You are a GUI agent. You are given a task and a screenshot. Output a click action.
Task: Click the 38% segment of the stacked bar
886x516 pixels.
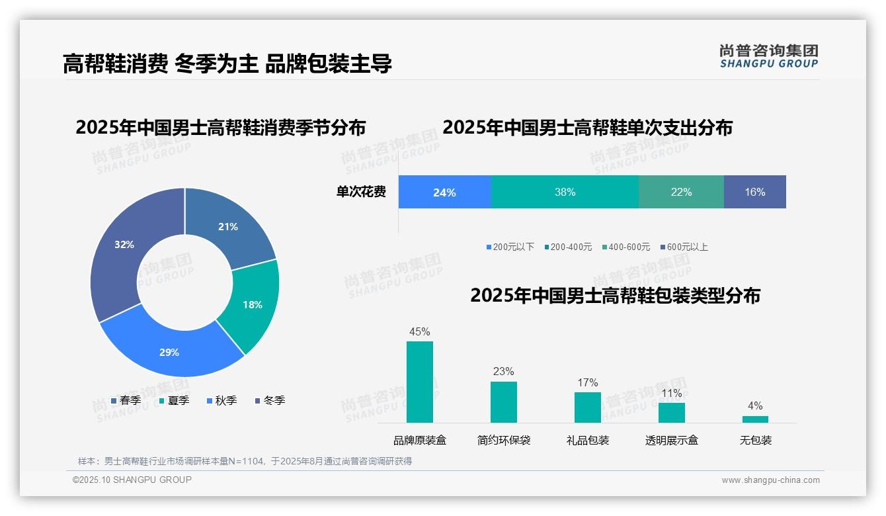(x=565, y=192)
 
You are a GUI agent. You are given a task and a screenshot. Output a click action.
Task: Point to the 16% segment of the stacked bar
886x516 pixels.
(x=754, y=192)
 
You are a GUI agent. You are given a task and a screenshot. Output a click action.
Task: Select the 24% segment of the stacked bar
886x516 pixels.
(x=444, y=192)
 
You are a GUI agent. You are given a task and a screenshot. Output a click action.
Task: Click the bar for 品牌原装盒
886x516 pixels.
(x=419, y=382)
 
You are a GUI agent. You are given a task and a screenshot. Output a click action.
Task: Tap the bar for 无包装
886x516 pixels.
(x=755, y=419)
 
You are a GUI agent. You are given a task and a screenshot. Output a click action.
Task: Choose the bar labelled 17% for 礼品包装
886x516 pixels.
(x=587, y=407)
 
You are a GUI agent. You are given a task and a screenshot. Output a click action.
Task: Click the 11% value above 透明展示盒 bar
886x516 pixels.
(x=671, y=394)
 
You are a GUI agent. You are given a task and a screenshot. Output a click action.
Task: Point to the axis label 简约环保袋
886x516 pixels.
(x=503, y=441)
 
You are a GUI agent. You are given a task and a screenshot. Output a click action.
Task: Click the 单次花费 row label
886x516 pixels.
(x=361, y=192)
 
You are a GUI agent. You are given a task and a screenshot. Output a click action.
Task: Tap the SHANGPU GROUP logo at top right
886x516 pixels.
(x=768, y=56)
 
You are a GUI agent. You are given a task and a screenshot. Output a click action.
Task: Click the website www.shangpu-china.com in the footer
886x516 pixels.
(x=770, y=480)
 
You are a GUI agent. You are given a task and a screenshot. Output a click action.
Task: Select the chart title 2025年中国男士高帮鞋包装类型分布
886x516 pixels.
(x=615, y=296)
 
